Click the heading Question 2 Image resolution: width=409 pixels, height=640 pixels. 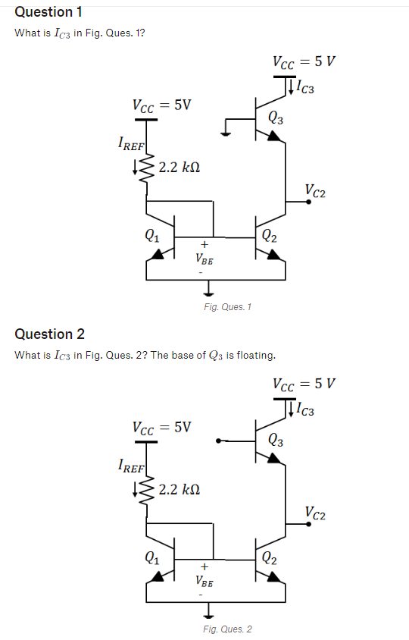coord(50,334)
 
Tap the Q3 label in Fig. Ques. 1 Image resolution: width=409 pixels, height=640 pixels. coord(276,118)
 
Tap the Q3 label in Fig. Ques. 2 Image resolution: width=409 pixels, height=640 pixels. coord(277,440)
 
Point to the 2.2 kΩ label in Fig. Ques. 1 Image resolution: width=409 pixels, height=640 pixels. coord(180,167)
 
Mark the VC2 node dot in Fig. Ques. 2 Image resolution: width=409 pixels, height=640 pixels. coord(309,523)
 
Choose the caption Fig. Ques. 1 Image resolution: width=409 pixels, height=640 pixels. coord(228,307)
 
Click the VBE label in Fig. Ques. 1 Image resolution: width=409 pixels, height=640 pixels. coord(204,258)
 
